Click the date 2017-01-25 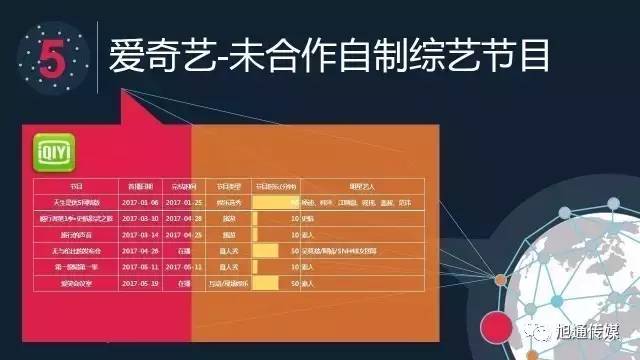[x=183, y=202]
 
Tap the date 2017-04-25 [x=183, y=233]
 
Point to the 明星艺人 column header [x=361, y=187]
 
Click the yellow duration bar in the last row [x=264, y=283]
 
